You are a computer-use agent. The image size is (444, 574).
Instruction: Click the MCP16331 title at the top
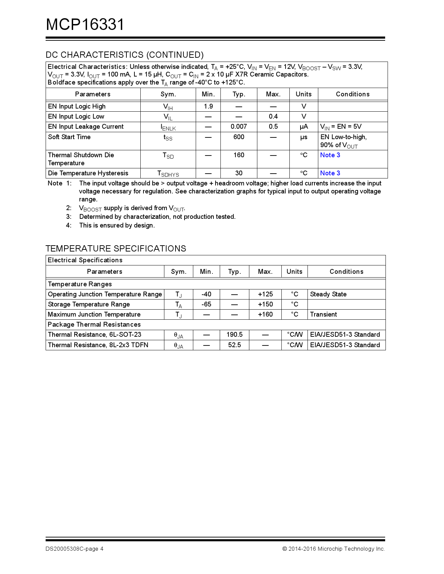pos(85,25)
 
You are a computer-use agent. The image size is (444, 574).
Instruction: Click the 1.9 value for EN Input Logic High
pos(208,106)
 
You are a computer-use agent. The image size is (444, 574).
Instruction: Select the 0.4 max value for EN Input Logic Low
pos(273,117)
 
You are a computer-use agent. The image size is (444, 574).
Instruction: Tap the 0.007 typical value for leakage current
pos(239,127)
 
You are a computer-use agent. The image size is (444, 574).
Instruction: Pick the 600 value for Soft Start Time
pos(239,137)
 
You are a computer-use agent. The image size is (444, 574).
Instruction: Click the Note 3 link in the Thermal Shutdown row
pos(330,155)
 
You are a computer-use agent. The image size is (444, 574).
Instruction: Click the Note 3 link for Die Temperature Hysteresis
pos(330,173)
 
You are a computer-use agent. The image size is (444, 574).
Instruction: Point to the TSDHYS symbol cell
pos(168,174)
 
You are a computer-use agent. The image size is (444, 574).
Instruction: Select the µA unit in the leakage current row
pos(304,127)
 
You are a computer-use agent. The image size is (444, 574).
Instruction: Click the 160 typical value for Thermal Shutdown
pos(239,155)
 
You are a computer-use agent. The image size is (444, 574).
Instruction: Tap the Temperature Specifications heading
pos(116,248)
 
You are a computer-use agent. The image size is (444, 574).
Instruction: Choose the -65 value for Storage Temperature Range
pos(206,304)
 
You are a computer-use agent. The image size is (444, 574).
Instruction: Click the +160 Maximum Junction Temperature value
pos(265,314)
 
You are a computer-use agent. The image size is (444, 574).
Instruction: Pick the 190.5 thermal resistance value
pos(234,335)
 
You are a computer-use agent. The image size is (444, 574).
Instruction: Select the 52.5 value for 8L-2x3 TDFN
pos(234,345)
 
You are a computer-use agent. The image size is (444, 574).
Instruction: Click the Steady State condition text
pos(328,294)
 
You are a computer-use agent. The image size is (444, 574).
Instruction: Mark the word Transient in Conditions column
pos(323,314)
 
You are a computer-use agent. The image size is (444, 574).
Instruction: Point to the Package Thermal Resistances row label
pos(94,325)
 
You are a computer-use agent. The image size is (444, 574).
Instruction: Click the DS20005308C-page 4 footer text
pos(74,549)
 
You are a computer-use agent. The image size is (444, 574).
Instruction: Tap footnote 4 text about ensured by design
pos(117,225)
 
